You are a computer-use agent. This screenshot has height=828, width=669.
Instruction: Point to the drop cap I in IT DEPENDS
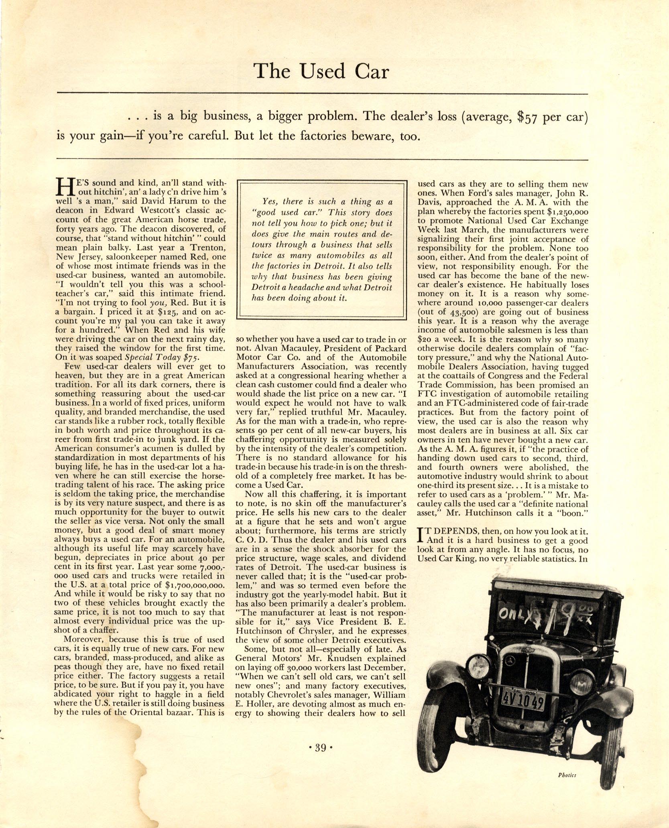(421, 534)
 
